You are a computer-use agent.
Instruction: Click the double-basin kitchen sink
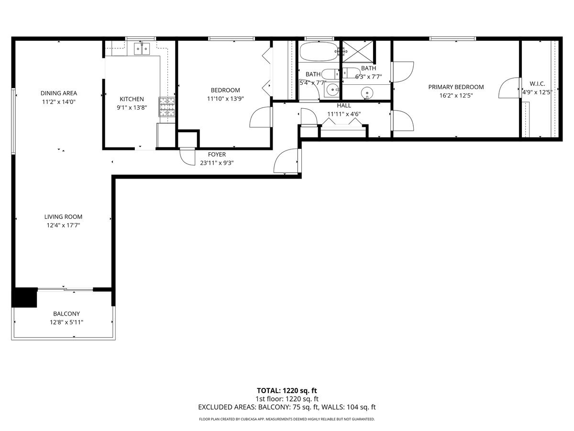point(142,49)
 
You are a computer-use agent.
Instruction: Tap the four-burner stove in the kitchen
point(167,107)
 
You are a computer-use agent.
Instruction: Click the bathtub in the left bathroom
point(318,52)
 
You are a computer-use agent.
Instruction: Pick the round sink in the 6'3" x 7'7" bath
point(367,92)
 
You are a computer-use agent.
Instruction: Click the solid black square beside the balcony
point(25,297)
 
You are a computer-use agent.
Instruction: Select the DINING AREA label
point(59,93)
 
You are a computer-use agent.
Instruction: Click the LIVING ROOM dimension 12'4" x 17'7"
point(64,226)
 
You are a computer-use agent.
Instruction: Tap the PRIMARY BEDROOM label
point(456,87)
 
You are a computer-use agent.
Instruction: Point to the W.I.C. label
point(537,83)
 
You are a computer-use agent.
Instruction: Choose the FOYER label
point(217,155)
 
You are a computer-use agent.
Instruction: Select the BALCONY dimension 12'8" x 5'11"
point(66,322)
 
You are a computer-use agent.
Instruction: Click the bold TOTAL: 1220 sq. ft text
point(287,390)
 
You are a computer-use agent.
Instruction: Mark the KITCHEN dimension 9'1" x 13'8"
point(132,108)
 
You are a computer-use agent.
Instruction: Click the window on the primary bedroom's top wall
point(453,38)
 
